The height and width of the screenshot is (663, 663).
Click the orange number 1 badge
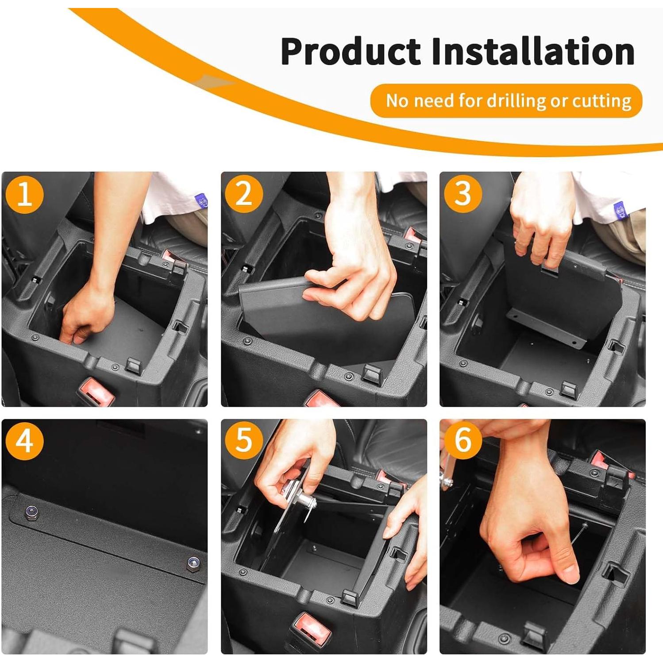pyautogui.click(x=25, y=194)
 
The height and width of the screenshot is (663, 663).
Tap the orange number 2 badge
pyautogui.click(x=244, y=194)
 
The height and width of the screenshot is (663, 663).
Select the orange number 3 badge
pyautogui.click(x=463, y=194)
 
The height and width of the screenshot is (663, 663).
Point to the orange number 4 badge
pyautogui.click(x=25, y=441)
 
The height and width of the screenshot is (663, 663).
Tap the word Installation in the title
pyautogui.click(x=533, y=52)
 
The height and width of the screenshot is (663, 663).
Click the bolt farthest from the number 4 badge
pyautogui.click(x=193, y=563)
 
